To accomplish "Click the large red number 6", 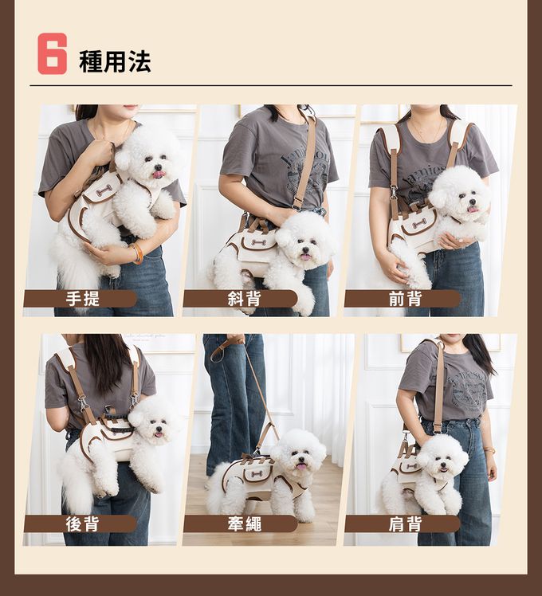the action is pyautogui.click(x=52, y=53).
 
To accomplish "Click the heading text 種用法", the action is pyautogui.click(x=115, y=61).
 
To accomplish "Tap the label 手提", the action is pyautogui.click(x=83, y=298).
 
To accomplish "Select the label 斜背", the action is pyautogui.click(x=244, y=298).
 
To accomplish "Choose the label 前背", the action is pyautogui.click(x=406, y=298).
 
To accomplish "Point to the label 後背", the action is pyautogui.click(x=83, y=523).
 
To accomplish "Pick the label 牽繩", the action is pyautogui.click(x=244, y=523).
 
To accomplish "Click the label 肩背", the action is pyautogui.click(x=406, y=523).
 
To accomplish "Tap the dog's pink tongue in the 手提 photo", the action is pyautogui.click(x=159, y=174).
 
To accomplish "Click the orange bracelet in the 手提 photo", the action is pyautogui.click(x=137, y=253).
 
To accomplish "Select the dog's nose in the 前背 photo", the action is pyautogui.click(x=472, y=202).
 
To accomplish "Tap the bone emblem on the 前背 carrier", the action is pyautogui.click(x=418, y=223).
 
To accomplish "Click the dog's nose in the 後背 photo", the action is pyautogui.click(x=159, y=429).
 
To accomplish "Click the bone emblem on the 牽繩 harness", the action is pyautogui.click(x=257, y=475).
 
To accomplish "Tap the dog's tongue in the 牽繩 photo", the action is pyautogui.click(x=301, y=467).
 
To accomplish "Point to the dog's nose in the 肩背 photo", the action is pyautogui.click(x=442, y=466).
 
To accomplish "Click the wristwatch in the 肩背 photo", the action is pyautogui.click(x=490, y=450).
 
